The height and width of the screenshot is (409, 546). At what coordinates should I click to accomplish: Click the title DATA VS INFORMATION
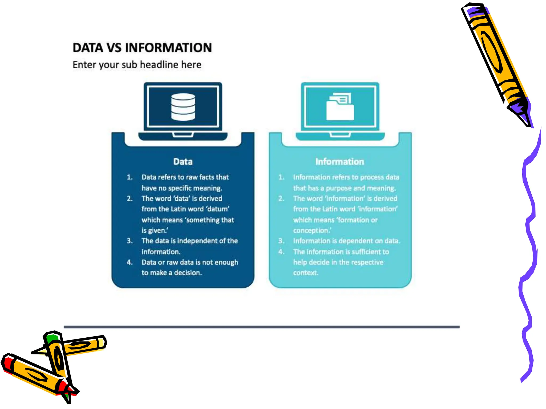142,48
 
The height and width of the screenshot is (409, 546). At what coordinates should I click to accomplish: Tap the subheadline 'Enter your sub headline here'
137,65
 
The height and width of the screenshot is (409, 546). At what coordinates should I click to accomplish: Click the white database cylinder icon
183,107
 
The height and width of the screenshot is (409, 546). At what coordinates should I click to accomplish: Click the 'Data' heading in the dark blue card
183,162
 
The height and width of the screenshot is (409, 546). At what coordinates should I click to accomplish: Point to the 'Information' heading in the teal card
340,162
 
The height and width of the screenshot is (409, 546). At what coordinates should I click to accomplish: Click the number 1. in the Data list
130,177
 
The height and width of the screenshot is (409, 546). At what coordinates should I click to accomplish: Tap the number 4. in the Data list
130,262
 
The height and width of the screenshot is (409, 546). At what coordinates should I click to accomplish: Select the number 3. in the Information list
281,241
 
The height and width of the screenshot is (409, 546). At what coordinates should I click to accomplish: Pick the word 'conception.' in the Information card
312,230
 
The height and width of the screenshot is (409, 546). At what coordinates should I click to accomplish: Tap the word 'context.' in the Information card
306,273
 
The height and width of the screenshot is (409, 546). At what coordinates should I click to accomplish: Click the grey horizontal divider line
261,327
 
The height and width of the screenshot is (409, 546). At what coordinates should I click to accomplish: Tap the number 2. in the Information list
281,199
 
